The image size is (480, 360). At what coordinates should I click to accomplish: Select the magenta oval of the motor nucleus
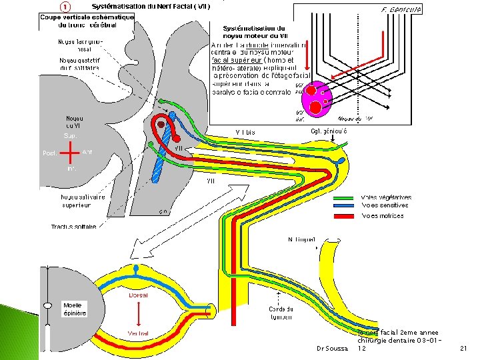[x=317, y=99]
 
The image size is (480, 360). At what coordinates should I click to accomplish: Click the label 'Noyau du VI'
[x=73, y=121]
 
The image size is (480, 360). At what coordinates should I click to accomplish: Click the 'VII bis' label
[x=245, y=132]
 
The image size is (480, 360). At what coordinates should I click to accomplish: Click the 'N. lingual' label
[x=301, y=239]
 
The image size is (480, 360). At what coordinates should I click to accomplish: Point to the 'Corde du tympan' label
[x=281, y=313]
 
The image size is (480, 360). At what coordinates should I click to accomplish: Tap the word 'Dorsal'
[x=138, y=295]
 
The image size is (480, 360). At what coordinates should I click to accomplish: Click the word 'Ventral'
[x=138, y=334]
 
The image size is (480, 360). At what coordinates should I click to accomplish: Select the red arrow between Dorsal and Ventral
[x=138, y=314]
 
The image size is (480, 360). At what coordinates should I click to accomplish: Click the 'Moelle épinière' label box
[x=75, y=309]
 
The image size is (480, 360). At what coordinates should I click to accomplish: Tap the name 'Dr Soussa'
[x=332, y=349]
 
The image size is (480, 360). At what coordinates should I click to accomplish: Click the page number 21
[x=465, y=349]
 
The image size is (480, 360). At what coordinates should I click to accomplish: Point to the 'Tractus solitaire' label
[x=73, y=227]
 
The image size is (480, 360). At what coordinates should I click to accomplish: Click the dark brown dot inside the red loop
[x=160, y=124]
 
